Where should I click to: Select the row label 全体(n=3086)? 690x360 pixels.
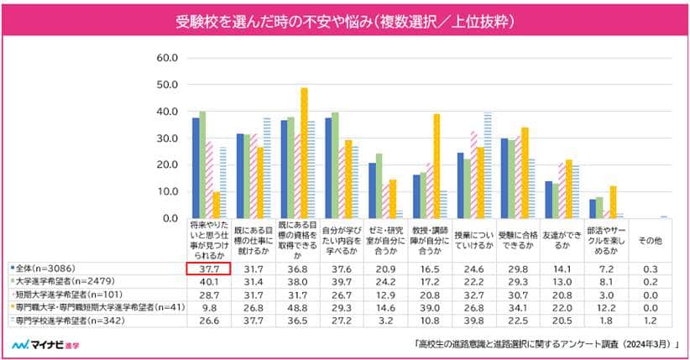click(42, 269)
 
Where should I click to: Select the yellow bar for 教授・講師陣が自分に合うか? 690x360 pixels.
click(436, 166)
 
